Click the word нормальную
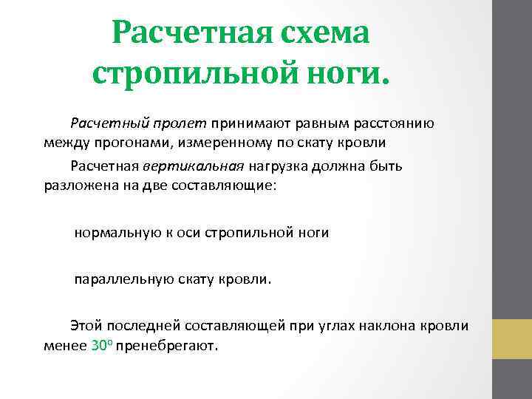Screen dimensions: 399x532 [113, 233]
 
